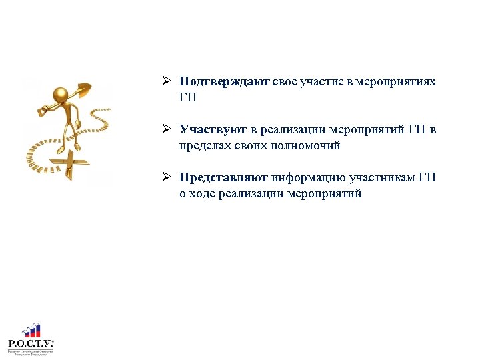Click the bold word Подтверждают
pyautogui.click(x=224, y=82)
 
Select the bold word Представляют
pyautogui.click(x=223, y=178)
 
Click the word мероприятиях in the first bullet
pyautogui.click(x=395, y=82)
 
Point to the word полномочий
pyautogui.click(x=307, y=146)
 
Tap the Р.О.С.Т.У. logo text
pyautogui.click(x=31, y=343)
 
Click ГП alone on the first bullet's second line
pyautogui.click(x=188, y=98)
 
